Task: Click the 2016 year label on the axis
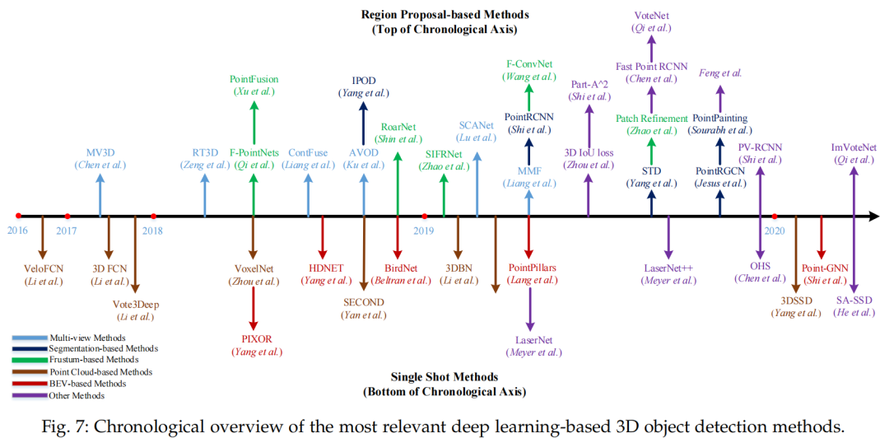click(x=17, y=231)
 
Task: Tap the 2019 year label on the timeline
click(x=423, y=231)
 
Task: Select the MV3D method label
click(x=100, y=153)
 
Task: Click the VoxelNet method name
click(x=254, y=268)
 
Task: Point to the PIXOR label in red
click(x=253, y=338)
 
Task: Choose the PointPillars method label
click(x=529, y=268)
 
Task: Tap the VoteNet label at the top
click(x=652, y=16)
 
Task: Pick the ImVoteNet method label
click(x=854, y=148)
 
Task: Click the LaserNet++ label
click(x=668, y=268)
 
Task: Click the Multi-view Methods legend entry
click(x=87, y=338)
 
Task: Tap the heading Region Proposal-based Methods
click(x=445, y=15)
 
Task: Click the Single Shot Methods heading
click(x=445, y=378)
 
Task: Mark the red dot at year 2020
click(x=775, y=217)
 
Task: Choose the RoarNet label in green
click(x=398, y=127)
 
